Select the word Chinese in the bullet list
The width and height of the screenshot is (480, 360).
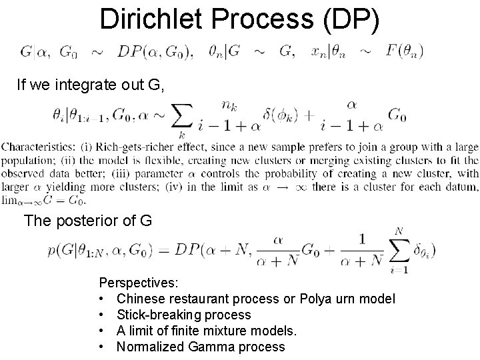(141, 299)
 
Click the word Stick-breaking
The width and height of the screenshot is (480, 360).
(160, 315)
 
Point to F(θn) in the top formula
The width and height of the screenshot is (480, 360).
(404, 51)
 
